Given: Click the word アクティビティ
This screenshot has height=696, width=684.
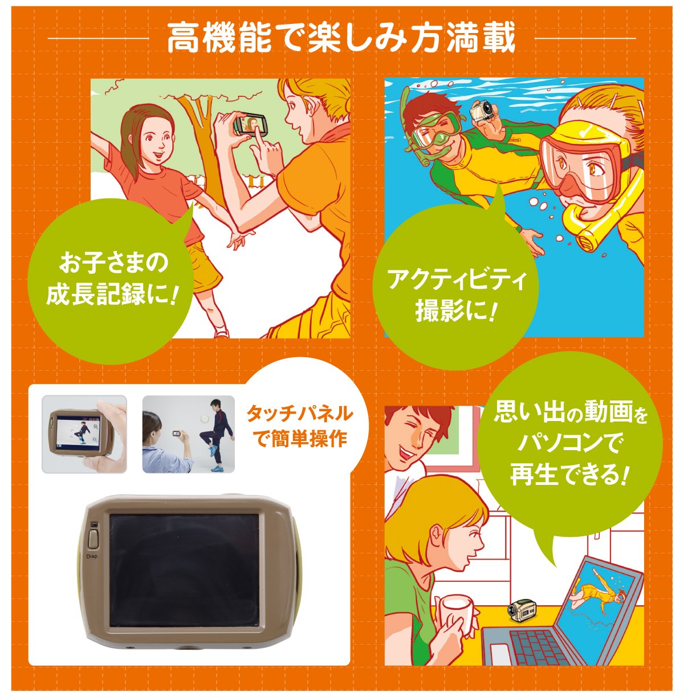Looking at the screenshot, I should click(455, 280).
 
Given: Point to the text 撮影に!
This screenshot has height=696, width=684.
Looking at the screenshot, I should click(455, 311).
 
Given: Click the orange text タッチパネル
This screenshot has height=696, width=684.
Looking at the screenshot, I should click(299, 414).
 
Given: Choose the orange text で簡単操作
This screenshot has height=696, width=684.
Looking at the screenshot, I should click(299, 439).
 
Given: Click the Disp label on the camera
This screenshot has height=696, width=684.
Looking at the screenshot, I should click(93, 555).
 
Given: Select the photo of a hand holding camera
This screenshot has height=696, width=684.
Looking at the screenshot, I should click(84, 434).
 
